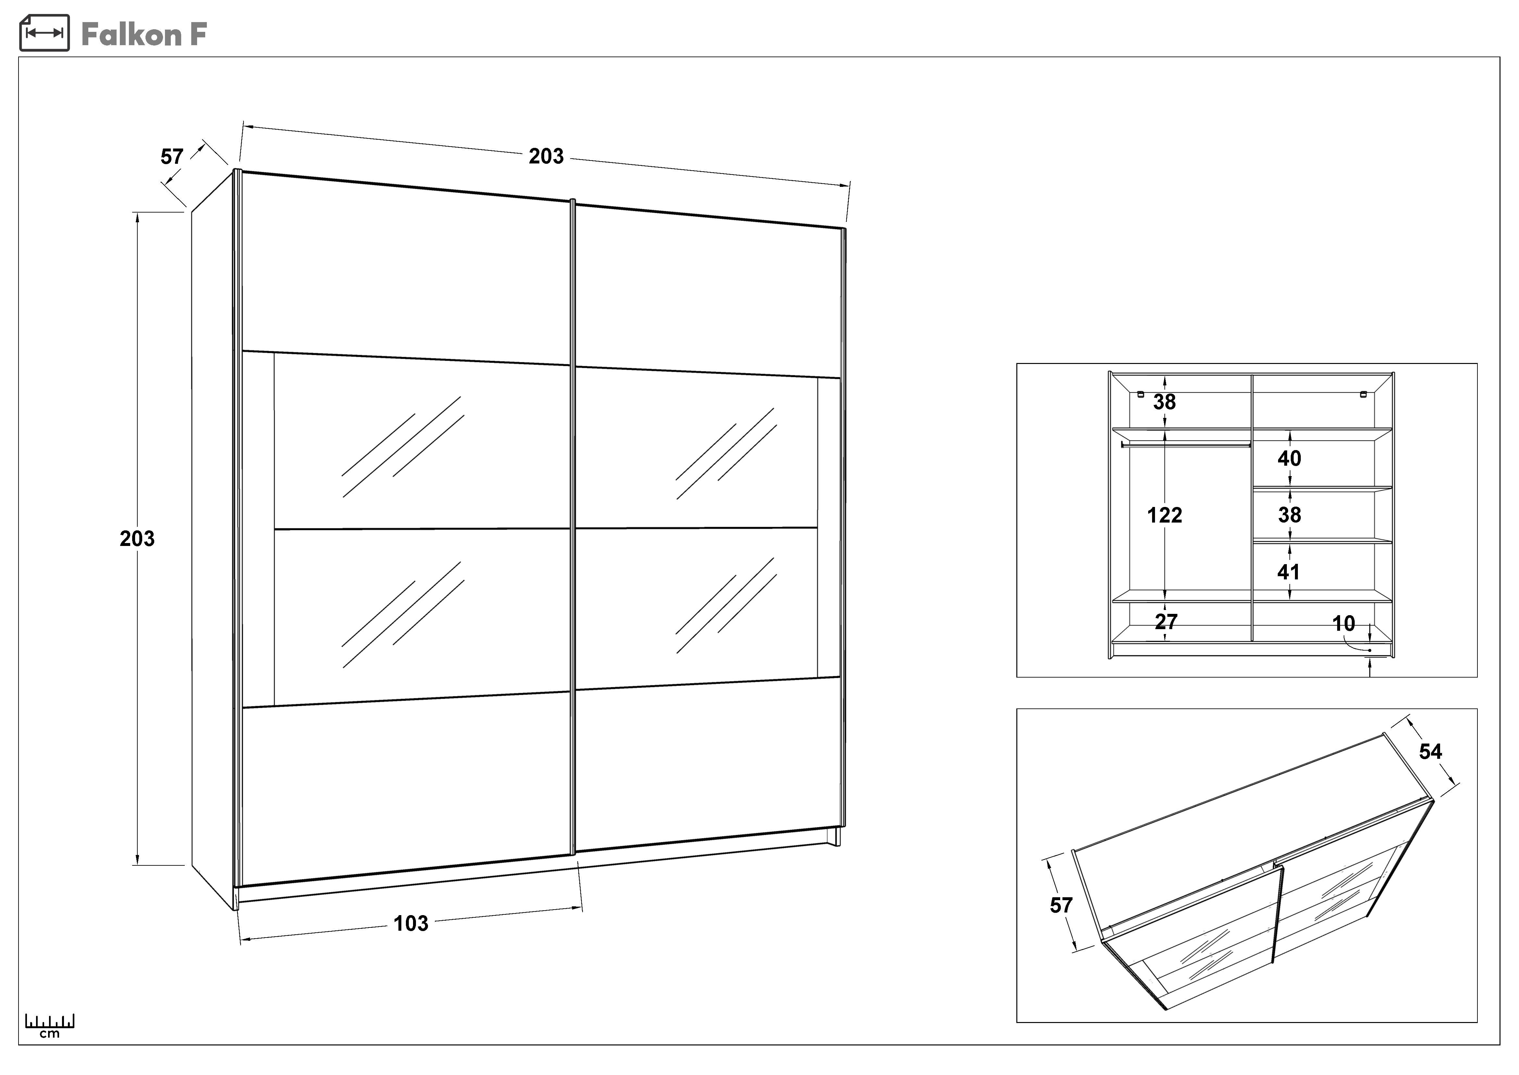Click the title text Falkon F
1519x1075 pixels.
coord(144,34)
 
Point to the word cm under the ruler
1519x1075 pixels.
coord(50,1034)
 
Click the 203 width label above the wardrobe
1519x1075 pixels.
coord(546,156)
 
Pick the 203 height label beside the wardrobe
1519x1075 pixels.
coord(137,539)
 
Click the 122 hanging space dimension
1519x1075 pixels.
coord(1164,515)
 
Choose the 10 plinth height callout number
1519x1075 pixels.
coord(1344,624)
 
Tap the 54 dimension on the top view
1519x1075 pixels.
coord(1430,751)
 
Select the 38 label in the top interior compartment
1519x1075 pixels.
coord(1164,402)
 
